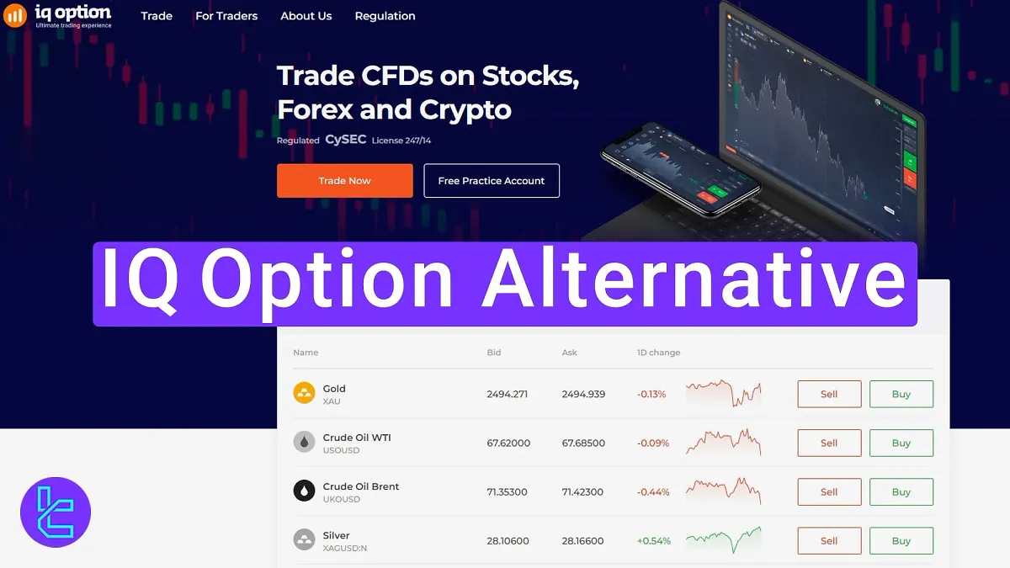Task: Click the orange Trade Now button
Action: click(344, 181)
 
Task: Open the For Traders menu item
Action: click(226, 16)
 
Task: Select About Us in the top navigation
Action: click(306, 16)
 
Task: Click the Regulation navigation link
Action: click(385, 16)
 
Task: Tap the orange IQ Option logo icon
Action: click(15, 16)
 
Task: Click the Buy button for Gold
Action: click(901, 394)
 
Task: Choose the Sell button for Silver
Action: click(829, 540)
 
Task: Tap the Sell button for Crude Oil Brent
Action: click(829, 491)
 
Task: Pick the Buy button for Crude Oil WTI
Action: click(901, 443)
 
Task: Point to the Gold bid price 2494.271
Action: click(507, 394)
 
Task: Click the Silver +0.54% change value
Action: click(653, 541)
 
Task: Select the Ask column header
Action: click(570, 353)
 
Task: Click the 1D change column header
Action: click(658, 353)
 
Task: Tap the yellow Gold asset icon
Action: click(304, 393)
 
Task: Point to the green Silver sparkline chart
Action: click(723, 539)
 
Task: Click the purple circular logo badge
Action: click(56, 512)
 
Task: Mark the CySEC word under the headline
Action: click(345, 140)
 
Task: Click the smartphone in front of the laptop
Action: click(680, 171)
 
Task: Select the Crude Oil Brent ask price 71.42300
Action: click(582, 492)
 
